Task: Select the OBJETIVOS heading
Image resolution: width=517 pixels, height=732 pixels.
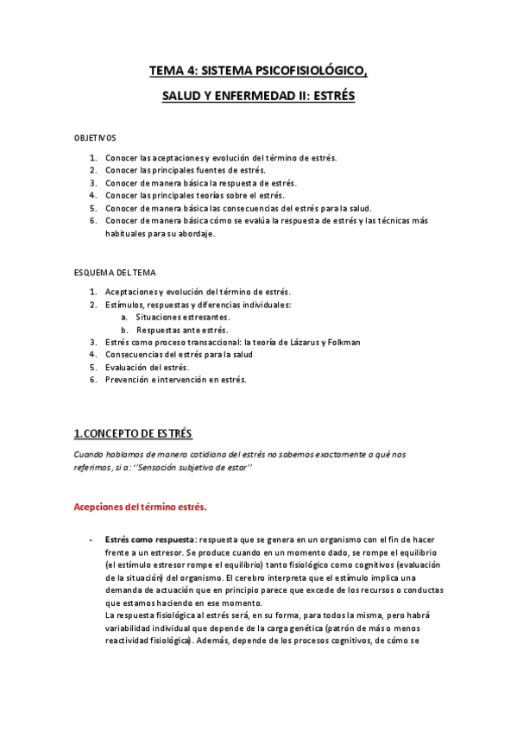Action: coord(95,138)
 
